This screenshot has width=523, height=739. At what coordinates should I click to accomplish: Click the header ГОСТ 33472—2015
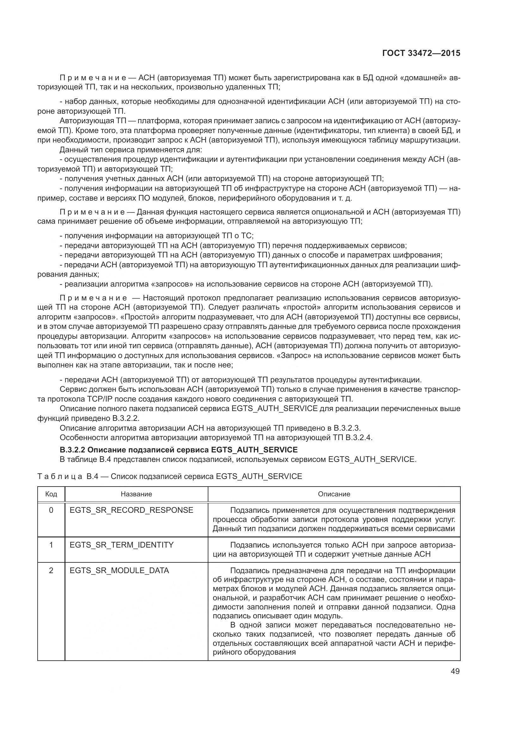tap(421, 53)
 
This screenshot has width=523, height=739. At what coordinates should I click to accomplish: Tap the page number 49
tap(455, 671)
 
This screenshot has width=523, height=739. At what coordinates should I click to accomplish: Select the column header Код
tap(51, 494)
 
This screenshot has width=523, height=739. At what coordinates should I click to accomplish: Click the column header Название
tap(136, 494)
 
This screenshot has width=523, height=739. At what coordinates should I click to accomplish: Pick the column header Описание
tap(334, 494)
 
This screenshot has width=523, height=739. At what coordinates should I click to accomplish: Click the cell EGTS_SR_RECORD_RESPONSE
tap(132, 510)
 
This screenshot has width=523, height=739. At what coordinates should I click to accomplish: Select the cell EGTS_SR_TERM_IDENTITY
tap(121, 545)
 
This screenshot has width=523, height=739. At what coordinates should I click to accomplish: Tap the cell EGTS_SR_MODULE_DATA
tap(119, 571)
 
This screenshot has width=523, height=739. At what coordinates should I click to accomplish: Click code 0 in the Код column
tap(51, 510)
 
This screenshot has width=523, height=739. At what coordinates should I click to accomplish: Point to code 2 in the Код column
tap(51, 571)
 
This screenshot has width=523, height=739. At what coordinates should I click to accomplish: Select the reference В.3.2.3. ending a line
tap(347, 428)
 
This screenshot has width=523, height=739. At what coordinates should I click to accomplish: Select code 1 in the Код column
tap(51, 545)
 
